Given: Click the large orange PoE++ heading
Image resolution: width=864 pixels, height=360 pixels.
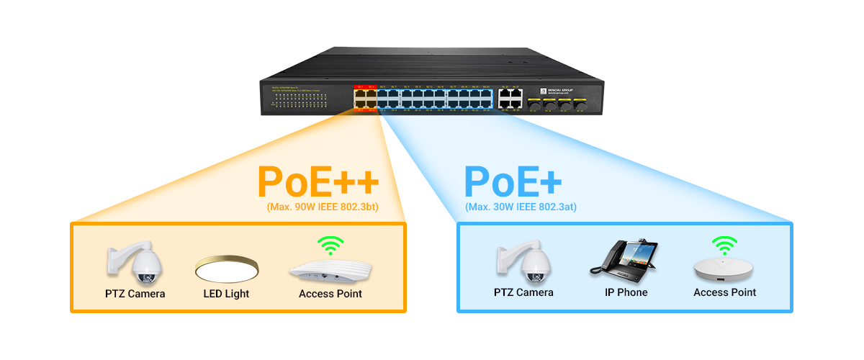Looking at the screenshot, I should [x=318, y=183].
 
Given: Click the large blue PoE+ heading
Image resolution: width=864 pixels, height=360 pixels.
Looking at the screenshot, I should [x=513, y=183].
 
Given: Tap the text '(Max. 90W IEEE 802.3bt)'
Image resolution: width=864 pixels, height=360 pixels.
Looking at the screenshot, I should [x=322, y=207].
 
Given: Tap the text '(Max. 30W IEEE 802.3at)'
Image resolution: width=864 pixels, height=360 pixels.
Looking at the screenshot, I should [x=521, y=207].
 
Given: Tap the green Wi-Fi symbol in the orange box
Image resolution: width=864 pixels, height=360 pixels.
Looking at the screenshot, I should [x=330, y=246].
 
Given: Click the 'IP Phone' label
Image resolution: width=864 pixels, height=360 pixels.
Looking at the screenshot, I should [x=626, y=292].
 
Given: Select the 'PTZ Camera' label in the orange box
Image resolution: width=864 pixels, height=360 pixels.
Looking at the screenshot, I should [x=135, y=294].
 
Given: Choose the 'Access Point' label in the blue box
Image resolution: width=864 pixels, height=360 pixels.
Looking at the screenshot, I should [x=724, y=292].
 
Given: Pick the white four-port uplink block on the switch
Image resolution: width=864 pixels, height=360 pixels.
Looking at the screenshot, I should [x=510, y=98].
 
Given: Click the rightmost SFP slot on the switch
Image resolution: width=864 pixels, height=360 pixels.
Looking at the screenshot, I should [x=580, y=105].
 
